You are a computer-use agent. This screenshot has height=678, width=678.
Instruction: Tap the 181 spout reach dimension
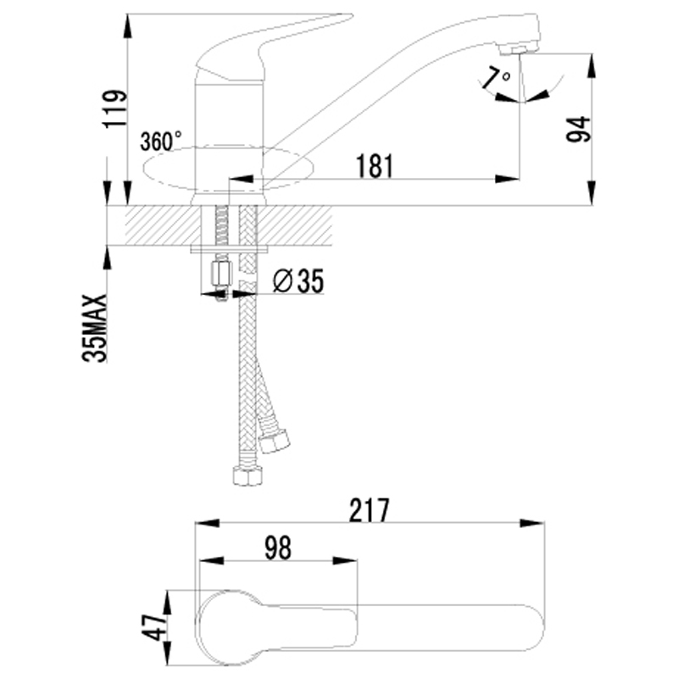375,164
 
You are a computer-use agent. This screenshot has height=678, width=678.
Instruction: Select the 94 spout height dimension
579,129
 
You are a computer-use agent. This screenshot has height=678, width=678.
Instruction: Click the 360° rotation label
161,141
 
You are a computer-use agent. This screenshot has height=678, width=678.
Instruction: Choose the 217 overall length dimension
370,510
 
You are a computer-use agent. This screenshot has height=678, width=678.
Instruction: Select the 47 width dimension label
153,627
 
